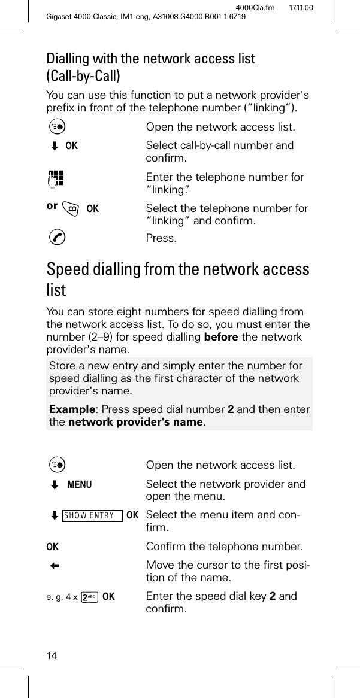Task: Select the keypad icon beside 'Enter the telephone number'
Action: pos(58,178)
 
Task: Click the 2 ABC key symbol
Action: pos(90,597)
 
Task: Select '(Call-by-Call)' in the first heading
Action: pos(83,76)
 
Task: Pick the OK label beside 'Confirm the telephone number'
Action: pos(53,547)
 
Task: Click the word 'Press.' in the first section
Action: pos(161,239)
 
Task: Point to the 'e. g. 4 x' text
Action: pos(63,597)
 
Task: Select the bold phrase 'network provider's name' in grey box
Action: pos(135,423)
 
